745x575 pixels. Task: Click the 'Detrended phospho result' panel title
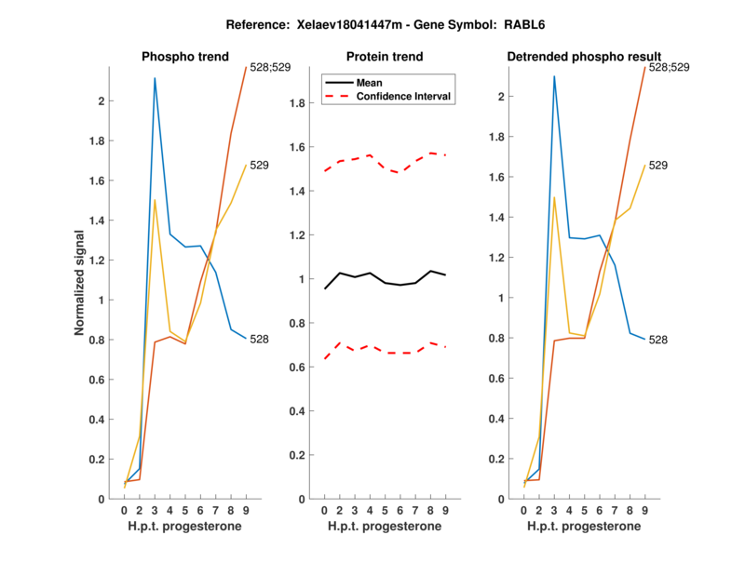pos(584,57)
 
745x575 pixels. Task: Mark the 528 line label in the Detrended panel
pos(659,340)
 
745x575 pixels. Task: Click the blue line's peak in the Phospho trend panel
pos(155,78)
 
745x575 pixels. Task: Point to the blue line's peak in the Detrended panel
pos(554,76)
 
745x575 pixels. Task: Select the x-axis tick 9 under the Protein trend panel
pos(446,510)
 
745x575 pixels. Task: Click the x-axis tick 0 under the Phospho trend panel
pos(124,510)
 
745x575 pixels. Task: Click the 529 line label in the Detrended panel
pos(659,165)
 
